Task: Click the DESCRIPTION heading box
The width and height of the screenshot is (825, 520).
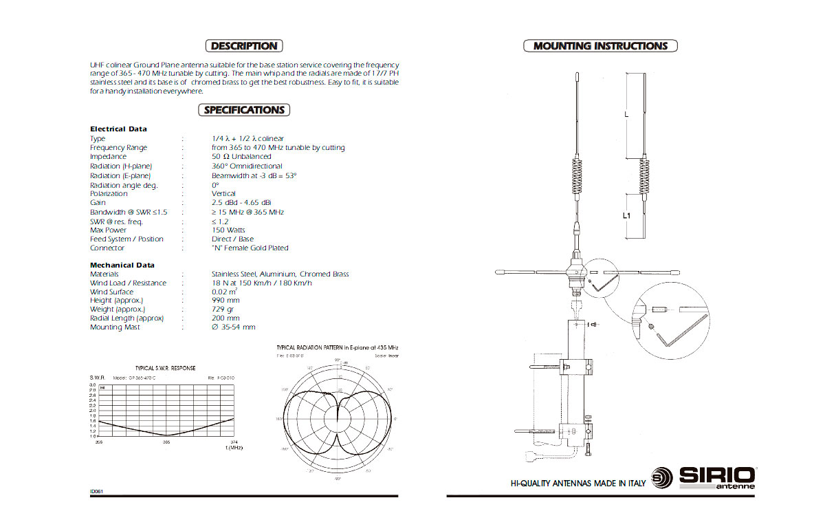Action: click(244, 46)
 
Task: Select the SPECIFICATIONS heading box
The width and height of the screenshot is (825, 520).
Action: click(244, 110)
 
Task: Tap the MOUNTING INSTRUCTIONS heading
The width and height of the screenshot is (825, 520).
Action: click(600, 46)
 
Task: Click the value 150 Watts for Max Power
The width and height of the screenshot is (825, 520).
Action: click(228, 230)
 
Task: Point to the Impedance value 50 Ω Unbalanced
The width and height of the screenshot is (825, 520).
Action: click(241, 157)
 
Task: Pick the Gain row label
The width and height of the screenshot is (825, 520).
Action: click(98, 203)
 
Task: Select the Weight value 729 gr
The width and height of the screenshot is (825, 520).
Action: click(223, 310)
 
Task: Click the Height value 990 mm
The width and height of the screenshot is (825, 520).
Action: click(225, 301)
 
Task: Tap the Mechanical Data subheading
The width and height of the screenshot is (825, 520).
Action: click(122, 265)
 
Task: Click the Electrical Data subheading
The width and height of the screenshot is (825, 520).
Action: click(118, 129)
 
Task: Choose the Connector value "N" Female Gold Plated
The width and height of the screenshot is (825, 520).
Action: click(250, 248)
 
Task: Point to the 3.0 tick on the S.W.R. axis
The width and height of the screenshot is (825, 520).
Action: click(93, 385)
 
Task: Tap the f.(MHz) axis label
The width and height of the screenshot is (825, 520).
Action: click(234, 448)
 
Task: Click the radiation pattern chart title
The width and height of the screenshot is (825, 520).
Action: click(337, 348)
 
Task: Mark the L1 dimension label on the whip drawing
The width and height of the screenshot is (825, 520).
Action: click(626, 215)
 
